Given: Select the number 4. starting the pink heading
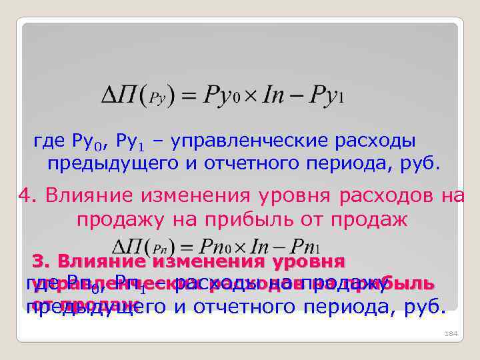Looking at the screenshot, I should click(x=26, y=196).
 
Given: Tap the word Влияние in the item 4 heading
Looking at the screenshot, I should click(x=87, y=196).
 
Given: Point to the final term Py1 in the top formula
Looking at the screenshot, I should click(x=326, y=97).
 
